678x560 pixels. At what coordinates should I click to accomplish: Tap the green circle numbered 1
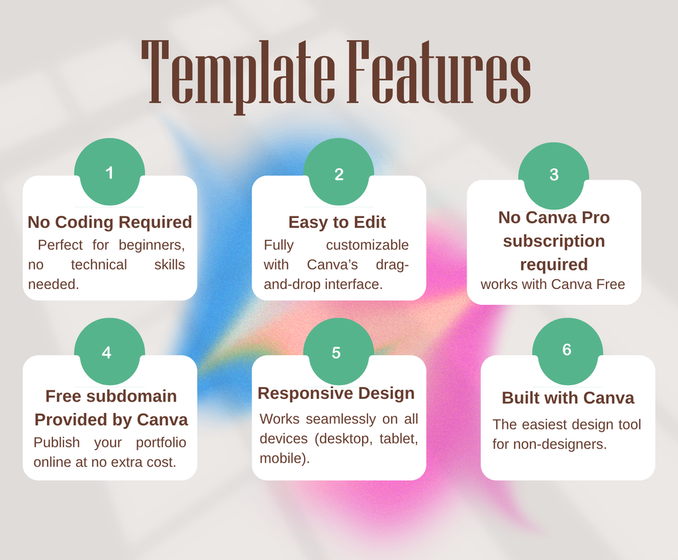pos(109,172)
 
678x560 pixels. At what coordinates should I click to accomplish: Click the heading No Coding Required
pos(110,222)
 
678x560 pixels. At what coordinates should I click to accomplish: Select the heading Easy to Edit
pos(337,222)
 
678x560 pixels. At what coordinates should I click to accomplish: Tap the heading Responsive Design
pos(336,393)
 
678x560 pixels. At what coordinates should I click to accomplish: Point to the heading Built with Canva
pos(567,398)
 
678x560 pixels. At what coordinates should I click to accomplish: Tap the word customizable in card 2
pos(367,245)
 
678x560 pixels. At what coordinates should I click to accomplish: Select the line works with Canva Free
pos(553,284)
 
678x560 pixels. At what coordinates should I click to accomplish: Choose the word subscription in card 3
pos(554,241)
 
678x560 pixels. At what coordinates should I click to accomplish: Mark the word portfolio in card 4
pos(161,442)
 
